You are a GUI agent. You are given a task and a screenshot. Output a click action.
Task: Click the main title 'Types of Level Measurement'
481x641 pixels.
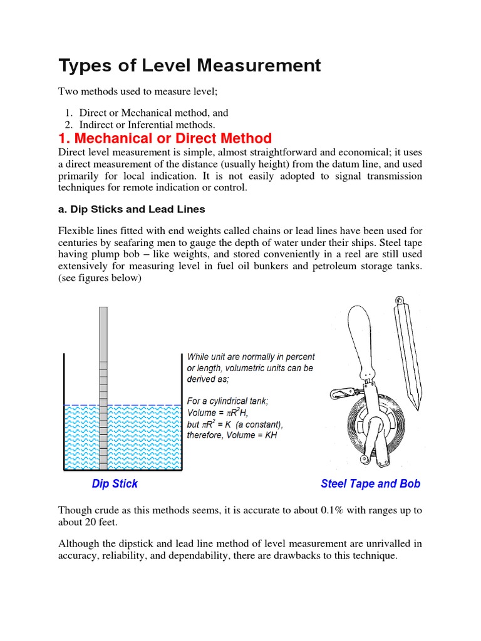point(189,65)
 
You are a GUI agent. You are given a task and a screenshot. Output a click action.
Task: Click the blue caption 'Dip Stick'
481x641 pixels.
point(115,483)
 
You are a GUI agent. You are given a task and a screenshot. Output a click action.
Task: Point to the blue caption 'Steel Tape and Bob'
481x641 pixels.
point(370,483)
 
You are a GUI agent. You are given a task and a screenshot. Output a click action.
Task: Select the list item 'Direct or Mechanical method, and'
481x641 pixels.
point(153,113)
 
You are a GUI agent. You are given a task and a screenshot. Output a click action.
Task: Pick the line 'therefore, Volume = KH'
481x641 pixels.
point(232,435)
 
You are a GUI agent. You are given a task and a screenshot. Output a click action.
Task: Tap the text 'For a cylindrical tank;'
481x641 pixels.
point(227,401)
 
